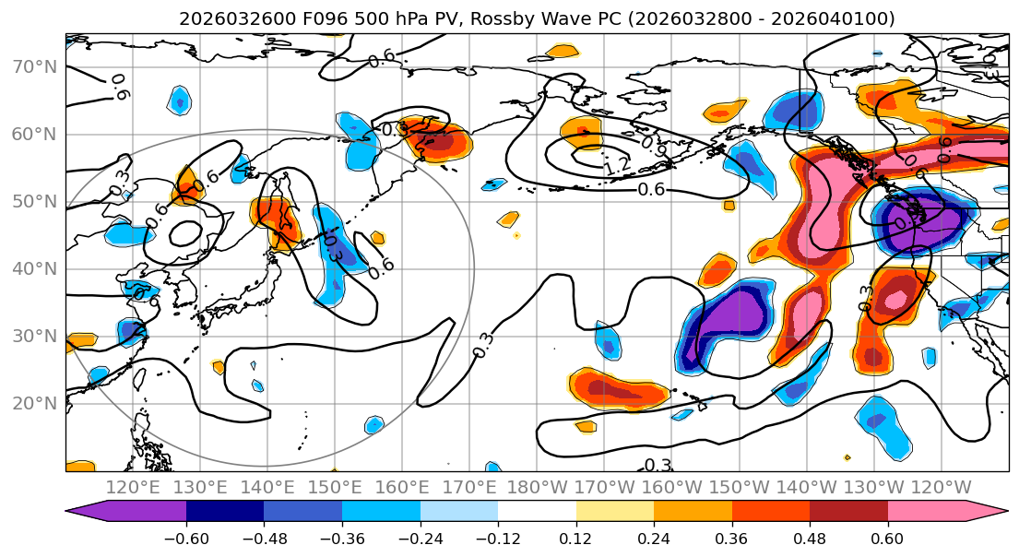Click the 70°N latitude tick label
point(35,67)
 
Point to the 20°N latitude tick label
point(35,403)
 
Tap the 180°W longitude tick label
point(538,487)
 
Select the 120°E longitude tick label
point(134,487)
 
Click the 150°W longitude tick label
point(740,487)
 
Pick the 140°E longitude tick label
point(268,487)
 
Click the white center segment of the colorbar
point(537,513)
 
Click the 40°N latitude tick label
point(35,268)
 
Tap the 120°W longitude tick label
point(941,487)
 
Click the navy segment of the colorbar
point(225,513)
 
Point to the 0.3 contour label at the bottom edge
point(658,465)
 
